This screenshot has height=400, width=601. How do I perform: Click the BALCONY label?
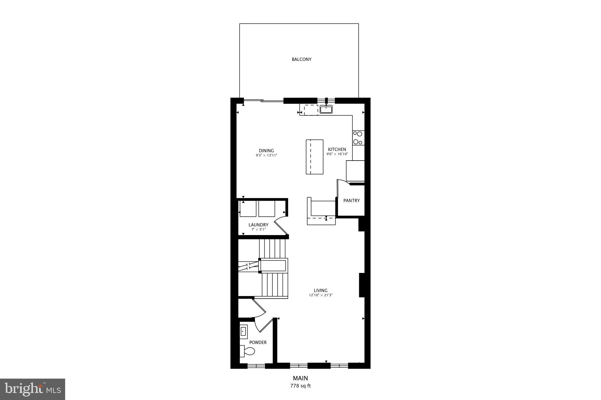[x=301, y=59]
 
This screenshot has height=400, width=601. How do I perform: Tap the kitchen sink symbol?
[x=326, y=110]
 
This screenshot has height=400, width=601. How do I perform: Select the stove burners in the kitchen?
[x=358, y=138]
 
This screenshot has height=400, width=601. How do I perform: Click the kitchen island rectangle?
[x=315, y=157]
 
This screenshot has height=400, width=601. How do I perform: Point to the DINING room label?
[x=266, y=151]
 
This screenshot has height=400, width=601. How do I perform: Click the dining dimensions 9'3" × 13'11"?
[x=266, y=155]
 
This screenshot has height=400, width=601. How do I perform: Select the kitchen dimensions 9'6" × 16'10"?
[x=337, y=154]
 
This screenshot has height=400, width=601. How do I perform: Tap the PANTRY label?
[x=351, y=201]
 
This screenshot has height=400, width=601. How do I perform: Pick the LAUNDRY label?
[x=258, y=225]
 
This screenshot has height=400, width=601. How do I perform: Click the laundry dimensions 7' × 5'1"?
[x=258, y=229]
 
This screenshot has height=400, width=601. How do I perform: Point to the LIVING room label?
[x=320, y=290]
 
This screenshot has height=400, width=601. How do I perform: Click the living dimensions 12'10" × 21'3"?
[x=320, y=295]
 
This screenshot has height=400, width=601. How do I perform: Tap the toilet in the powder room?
[x=248, y=351]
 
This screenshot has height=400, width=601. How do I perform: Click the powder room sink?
[x=243, y=332]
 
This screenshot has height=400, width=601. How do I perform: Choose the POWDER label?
[x=258, y=342]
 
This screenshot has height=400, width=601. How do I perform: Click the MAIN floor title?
[x=300, y=378]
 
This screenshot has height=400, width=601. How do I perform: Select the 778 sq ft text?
[x=300, y=386]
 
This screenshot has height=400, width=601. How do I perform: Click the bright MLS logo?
[x=33, y=389]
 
